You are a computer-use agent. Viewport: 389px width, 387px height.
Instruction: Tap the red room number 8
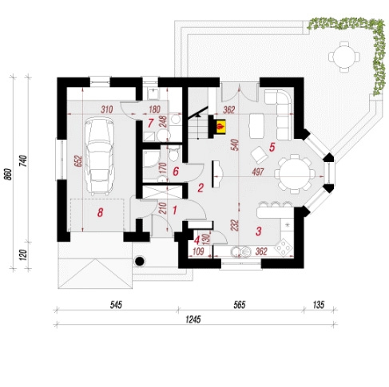100,212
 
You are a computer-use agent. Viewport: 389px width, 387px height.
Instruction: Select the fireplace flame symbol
220,127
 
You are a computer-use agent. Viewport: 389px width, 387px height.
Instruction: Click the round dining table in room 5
295,174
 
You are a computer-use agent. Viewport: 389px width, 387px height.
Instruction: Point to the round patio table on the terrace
344,57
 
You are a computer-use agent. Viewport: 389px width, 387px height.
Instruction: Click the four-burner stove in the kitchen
284,247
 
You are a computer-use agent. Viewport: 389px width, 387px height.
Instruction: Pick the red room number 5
272,147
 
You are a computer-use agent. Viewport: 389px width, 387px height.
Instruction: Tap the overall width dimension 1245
193,319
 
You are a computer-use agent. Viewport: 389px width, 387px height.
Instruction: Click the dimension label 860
9,174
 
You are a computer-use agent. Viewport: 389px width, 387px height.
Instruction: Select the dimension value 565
240,305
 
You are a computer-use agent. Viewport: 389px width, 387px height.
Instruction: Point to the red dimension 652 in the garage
79,161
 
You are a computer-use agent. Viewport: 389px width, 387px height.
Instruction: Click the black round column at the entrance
140,261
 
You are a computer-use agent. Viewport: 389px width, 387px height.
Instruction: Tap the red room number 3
258,231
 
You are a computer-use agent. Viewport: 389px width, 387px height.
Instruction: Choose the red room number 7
150,123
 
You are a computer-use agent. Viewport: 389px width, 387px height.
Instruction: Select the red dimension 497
257,172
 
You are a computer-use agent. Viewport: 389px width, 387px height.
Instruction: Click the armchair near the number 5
259,154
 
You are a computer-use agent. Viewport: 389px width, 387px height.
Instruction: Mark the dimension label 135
319,305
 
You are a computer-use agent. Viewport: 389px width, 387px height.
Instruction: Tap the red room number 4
196,240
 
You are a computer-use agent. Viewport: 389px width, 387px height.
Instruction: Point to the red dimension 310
107,109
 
